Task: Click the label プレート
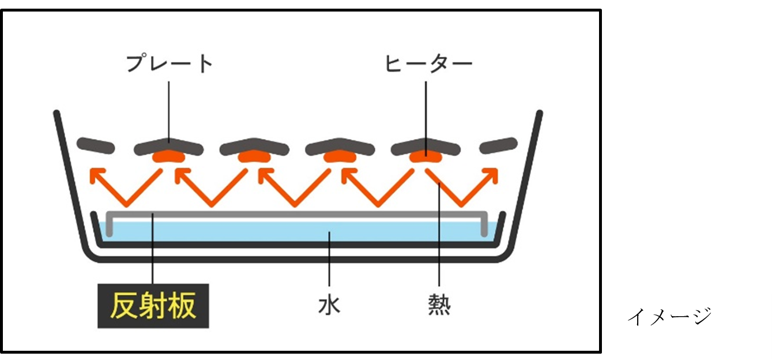(170, 64)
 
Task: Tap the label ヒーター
(428, 64)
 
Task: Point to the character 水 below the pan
(329, 304)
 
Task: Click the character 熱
(439, 304)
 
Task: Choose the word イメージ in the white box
(669, 317)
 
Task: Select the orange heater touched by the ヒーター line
(426, 156)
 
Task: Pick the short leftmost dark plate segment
(94, 144)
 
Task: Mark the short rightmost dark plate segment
(499, 144)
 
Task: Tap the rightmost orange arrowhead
(492, 172)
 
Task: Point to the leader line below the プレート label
(170, 110)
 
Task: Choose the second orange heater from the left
(254, 156)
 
